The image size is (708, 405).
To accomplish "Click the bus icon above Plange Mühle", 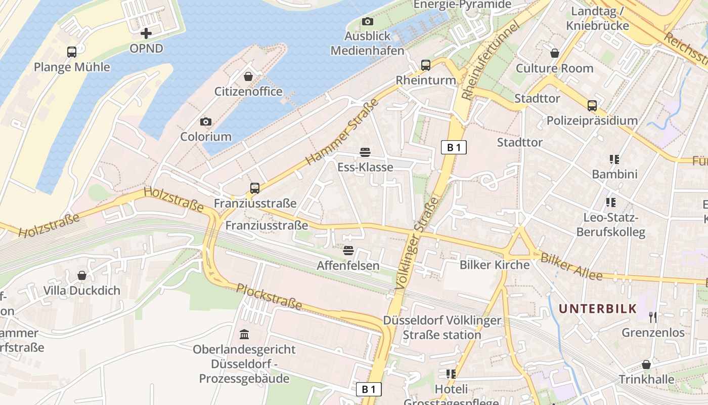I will tap(72, 52).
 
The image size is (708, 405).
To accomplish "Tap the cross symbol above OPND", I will tap(146, 34).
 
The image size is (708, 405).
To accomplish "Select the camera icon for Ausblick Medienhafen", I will tap(368, 21).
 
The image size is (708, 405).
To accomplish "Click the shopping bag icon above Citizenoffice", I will tap(248, 76).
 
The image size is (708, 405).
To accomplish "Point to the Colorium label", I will tap(206, 137).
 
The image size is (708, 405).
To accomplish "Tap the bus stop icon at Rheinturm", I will tap(426, 65).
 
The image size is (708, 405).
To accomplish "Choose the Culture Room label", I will tap(554, 68).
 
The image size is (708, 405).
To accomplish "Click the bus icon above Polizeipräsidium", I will tap(592, 106).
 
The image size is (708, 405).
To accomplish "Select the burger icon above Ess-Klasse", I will tap(365, 152).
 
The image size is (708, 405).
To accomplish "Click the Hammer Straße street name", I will tap(342, 132).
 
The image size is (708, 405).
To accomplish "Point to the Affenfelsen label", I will tap(348, 265).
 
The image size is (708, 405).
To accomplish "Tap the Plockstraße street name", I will tap(269, 297).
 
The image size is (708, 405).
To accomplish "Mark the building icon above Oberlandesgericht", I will tap(245, 334).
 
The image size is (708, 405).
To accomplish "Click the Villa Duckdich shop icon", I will tap(82, 275).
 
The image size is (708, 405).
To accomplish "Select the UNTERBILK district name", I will tap(597, 309).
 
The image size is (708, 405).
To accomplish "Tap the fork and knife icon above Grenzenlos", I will tap(653, 317).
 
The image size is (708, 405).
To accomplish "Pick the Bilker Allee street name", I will tap(571, 267).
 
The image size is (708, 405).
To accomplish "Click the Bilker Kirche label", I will tap(494, 265).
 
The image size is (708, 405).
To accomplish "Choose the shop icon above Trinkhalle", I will tap(646, 364).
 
